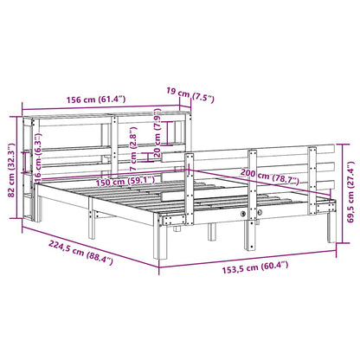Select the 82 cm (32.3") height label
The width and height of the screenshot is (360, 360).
tap(11, 156)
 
